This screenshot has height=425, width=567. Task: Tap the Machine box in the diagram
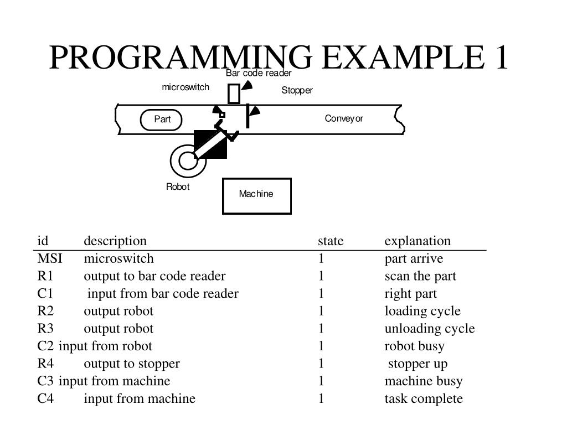pyautogui.click(x=256, y=195)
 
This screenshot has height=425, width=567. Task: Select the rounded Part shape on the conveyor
pyautogui.click(x=161, y=120)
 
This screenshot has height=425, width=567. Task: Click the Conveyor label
pyautogui.click(x=344, y=118)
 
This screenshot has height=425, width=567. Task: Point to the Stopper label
pyautogui.click(x=297, y=90)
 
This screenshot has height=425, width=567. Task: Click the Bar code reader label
pyautogui.click(x=258, y=73)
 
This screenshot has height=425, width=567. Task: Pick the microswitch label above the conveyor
pyautogui.click(x=185, y=87)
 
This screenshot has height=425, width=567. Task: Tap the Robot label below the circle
pyautogui.click(x=178, y=186)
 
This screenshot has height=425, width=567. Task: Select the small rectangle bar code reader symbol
pyautogui.click(x=234, y=94)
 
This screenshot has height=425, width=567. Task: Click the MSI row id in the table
pyautogui.click(x=50, y=258)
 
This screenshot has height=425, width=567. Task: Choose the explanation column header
pyautogui.click(x=417, y=241)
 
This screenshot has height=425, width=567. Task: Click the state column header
pyautogui.click(x=331, y=241)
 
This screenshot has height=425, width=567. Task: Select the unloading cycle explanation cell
pyautogui.click(x=430, y=328)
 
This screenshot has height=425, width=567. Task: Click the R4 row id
pyautogui.click(x=45, y=364)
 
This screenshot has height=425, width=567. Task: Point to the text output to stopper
pyautogui.click(x=132, y=364)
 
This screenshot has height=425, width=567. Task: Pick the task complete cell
pyautogui.click(x=424, y=398)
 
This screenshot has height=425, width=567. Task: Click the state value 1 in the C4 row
pyautogui.click(x=321, y=398)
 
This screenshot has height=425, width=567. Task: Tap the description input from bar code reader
pyautogui.click(x=163, y=293)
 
